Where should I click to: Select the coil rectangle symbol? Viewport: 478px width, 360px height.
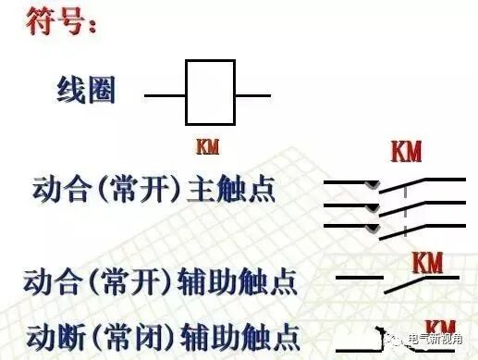(x=210, y=93)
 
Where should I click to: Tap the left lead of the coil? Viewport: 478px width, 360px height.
(x=165, y=93)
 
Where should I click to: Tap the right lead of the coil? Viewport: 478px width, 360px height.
(x=252, y=93)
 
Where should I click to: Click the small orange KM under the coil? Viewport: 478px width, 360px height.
(x=208, y=147)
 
